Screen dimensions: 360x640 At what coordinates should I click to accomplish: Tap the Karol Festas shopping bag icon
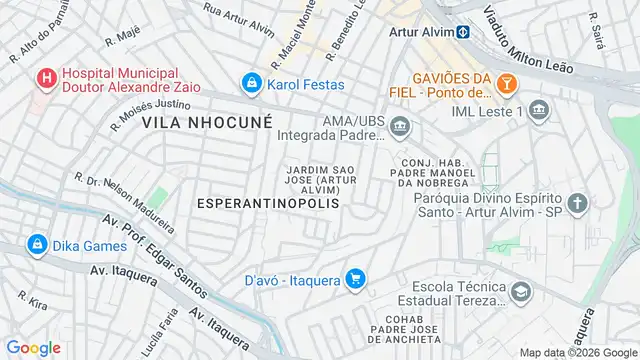pyautogui.click(x=252, y=84)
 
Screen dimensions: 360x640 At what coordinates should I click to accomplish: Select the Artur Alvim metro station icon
pyautogui.click(x=464, y=31)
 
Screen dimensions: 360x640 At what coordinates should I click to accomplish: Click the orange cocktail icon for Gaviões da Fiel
pyautogui.click(x=508, y=84)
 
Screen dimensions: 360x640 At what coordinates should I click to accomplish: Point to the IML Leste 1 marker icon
pyautogui.click(x=539, y=109)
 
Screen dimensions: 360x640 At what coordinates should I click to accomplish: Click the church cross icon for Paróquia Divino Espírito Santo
pyautogui.click(x=578, y=205)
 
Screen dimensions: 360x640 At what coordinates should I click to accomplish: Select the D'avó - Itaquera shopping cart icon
pyautogui.click(x=353, y=279)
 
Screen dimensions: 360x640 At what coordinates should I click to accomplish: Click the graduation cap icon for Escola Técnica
pyautogui.click(x=519, y=291)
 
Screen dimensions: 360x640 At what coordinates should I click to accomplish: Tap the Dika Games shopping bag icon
pyautogui.click(x=37, y=243)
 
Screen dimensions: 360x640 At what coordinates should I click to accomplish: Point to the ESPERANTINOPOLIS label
pyautogui.click(x=268, y=203)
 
